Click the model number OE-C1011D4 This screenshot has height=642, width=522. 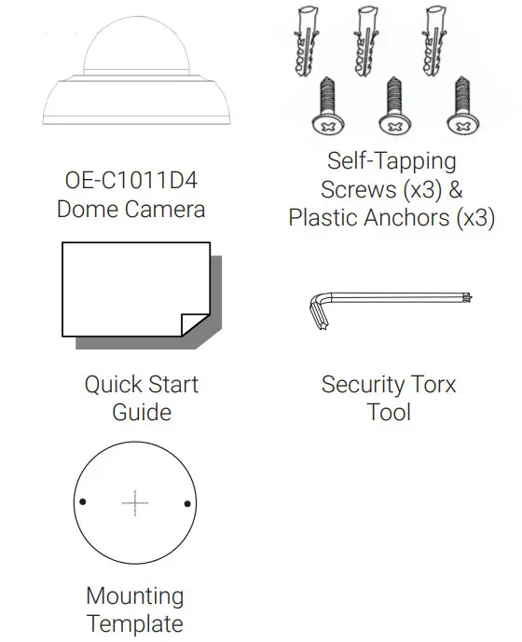click(x=131, y=180)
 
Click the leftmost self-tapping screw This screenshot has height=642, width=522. click(x=327, y=104)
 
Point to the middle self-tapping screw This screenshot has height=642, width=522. click(x=391, y=104)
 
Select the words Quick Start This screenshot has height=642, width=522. click(x=142, y=384)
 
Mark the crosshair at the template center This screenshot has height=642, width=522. click(x=135, y=504)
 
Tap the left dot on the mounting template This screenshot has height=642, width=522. click(x=83, y=503)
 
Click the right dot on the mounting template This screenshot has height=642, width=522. click(x=187, y=504)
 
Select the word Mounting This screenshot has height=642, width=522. click(x=135, y=595)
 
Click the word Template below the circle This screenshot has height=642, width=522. click(x=135, y=623)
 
